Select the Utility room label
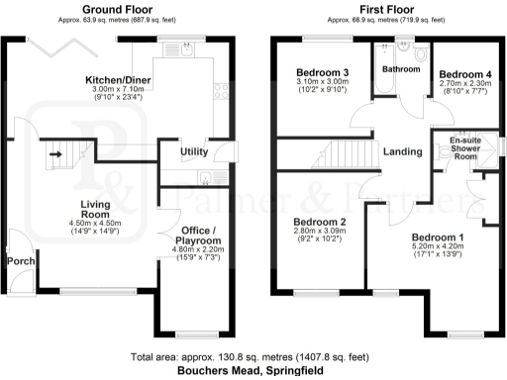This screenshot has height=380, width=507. coord(193,151)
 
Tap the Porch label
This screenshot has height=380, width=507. coord(21,260)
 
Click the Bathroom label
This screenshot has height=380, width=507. coord(401,68)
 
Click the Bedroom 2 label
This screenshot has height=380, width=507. coord(319,222)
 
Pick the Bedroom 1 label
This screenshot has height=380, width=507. coord(437,238)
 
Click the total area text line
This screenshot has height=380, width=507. coord(253,356)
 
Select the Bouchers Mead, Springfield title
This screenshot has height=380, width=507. coord(253,371)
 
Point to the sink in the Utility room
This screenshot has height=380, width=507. coord(204,178)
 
